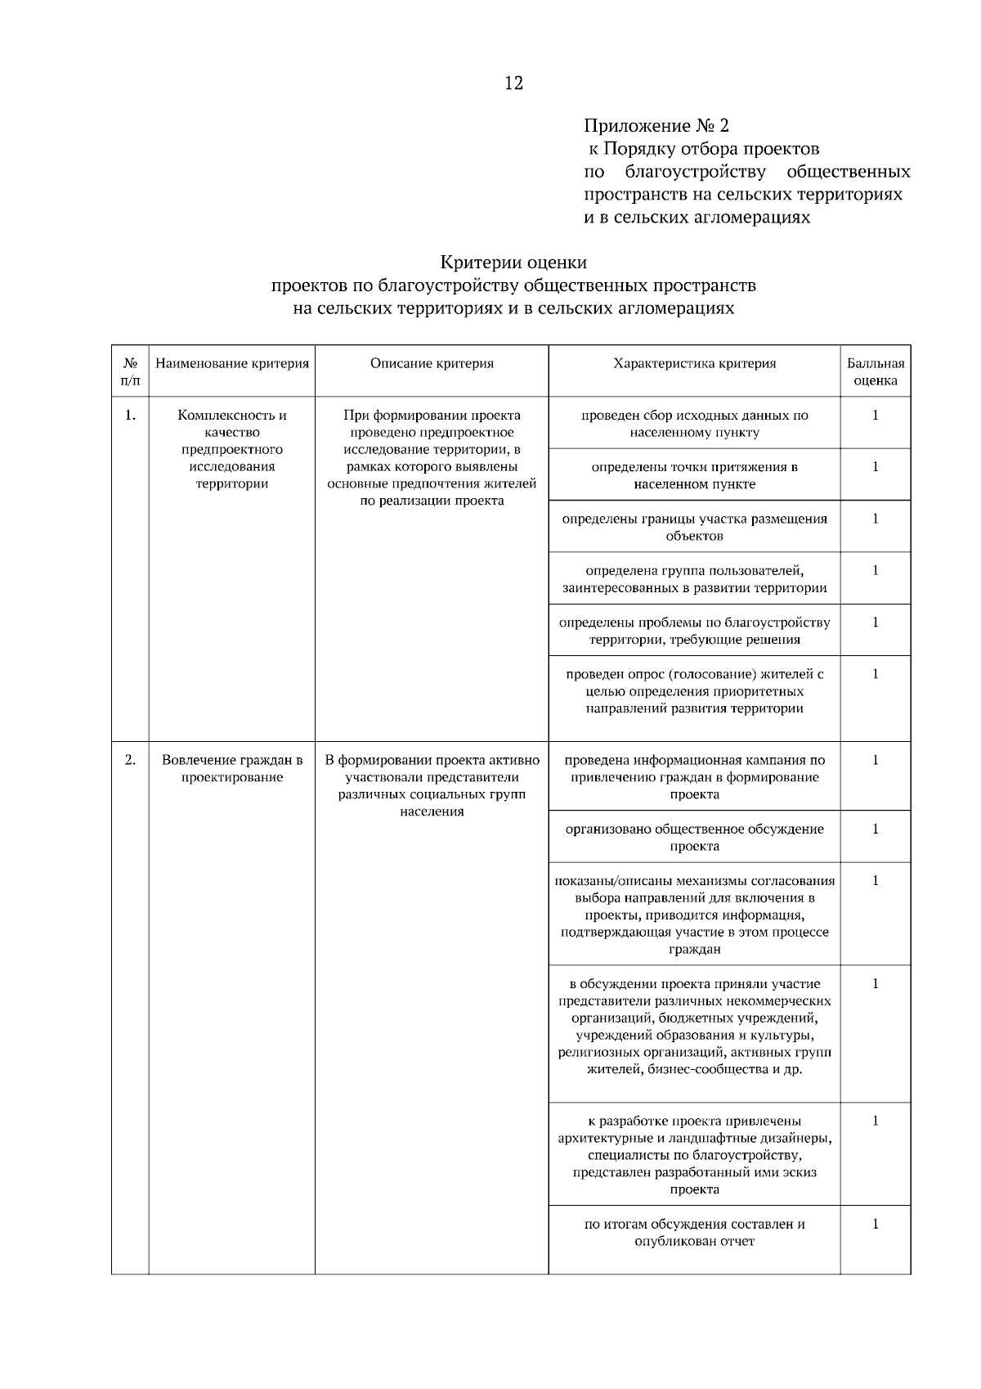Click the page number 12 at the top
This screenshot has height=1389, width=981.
513,83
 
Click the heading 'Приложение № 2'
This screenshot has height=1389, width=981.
656,126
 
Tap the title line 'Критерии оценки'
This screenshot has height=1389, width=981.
513,263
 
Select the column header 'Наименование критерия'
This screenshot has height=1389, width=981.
232,363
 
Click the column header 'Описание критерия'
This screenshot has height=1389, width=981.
432,363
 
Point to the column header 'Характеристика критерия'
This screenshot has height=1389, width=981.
694,363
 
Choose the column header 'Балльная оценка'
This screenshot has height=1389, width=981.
876,371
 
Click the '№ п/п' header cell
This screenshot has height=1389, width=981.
130,371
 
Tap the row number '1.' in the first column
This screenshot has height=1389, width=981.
130,415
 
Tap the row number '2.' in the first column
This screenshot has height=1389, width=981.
130,760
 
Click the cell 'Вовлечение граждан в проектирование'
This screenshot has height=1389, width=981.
232,768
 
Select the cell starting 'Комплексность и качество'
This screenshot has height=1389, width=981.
232,448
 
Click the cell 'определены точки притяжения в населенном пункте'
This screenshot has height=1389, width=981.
694,475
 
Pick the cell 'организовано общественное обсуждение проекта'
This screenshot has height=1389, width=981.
694,837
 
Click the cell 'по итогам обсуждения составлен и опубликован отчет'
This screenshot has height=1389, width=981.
694,1232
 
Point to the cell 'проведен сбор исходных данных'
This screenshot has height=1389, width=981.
694,423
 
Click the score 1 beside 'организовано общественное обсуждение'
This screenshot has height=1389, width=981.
876,829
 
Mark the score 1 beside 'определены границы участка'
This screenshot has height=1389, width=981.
876,519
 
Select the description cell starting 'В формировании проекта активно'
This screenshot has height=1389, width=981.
432,785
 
